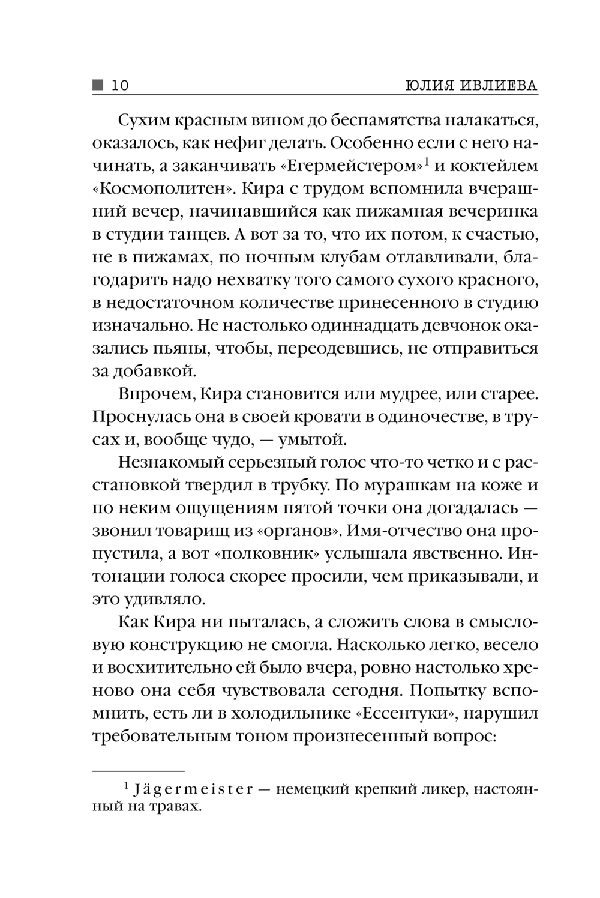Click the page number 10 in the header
[x=119, y=86]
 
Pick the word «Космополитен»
[x=163, y=190]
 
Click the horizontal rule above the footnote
[x=139, y=770]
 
